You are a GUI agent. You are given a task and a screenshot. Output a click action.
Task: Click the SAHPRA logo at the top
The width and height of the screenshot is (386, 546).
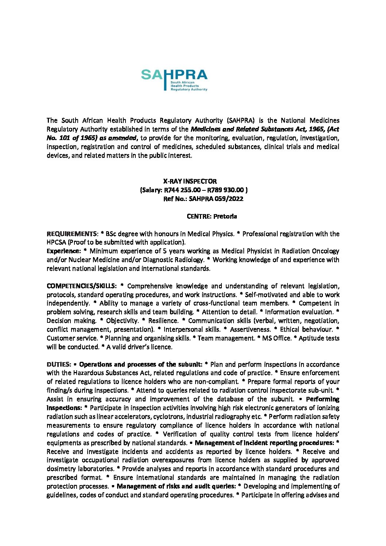click(x=174, y=80)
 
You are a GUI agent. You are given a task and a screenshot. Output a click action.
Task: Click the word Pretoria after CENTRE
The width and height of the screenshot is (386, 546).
click(x=225, y=216)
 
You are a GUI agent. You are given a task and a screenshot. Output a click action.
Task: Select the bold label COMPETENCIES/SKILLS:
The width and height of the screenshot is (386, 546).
click(x=81, y=286)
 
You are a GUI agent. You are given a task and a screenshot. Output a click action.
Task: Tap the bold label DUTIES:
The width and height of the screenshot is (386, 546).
click(x=58, y=364)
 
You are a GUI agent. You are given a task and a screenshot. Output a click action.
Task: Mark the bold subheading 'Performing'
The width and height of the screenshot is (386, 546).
click(x=323, y=399)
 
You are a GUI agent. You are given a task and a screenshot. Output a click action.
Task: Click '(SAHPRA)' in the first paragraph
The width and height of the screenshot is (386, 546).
click(x=240, y=120)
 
